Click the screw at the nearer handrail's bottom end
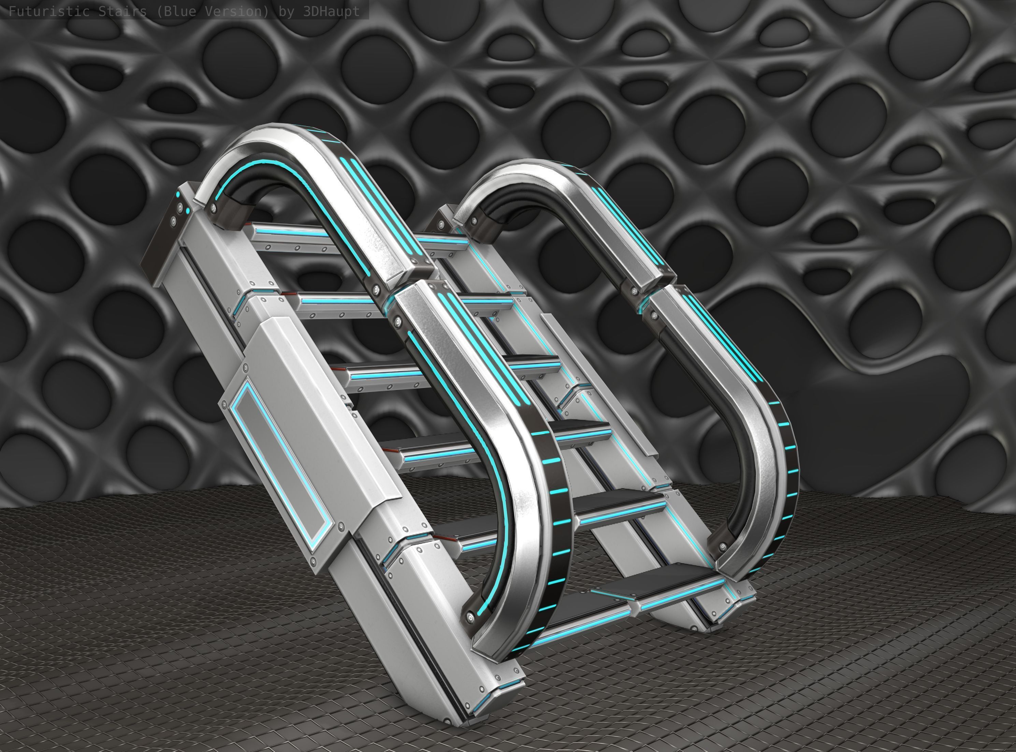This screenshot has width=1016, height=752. click(469, 617)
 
